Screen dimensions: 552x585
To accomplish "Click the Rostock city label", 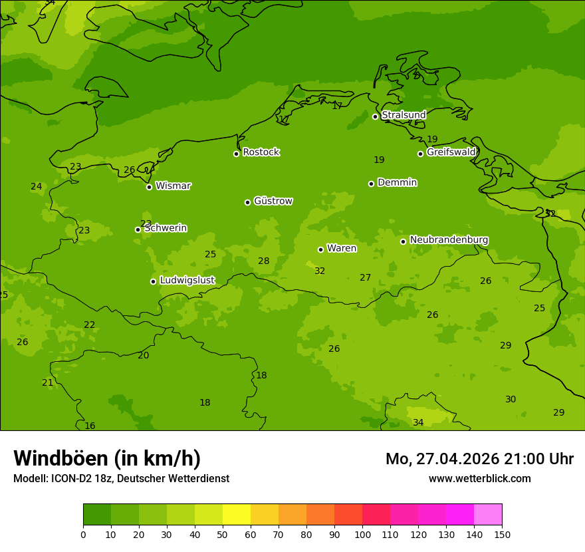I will pos(261,152).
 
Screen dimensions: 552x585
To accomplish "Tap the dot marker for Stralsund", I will pos(375,116).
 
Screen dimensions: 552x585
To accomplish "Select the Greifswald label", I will pos(451,152).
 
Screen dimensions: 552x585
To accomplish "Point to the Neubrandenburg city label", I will pos(449,240).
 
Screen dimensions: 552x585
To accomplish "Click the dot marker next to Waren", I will pos(320,249).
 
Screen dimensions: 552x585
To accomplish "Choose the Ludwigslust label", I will pos(187,281).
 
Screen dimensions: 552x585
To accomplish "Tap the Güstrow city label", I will pos(273,201).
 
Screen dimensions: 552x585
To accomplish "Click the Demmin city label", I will pos(397,183).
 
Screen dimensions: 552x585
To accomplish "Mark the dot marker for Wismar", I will pos(149,187).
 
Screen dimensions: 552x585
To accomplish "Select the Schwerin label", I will pos(165,228).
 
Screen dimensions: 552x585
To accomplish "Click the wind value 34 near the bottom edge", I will pos(418,423).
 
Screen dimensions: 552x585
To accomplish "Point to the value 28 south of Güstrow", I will pos(264,261).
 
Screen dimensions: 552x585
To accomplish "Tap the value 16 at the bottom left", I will pos(90,426).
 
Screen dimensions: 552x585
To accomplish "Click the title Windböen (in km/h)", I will pos(107,458).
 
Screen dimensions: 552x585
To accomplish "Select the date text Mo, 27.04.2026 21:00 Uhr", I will pos(479,459).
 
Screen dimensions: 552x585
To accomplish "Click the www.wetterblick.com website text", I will pos(479,478).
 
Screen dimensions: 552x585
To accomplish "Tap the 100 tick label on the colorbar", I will pos(362,534).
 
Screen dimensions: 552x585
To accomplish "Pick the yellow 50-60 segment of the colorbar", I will pos(237,515).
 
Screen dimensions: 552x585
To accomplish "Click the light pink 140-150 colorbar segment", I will pos(488,515).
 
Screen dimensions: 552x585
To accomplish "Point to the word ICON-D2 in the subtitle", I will pos(70,478).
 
